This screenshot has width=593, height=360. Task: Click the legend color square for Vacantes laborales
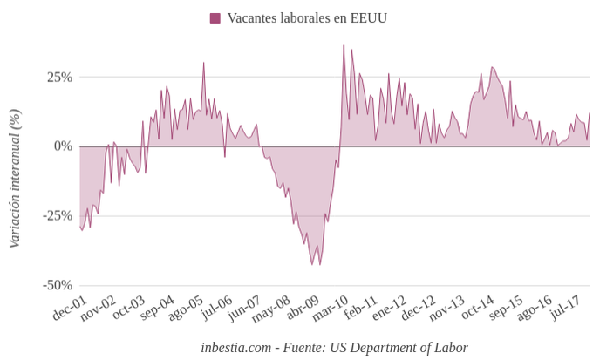215,18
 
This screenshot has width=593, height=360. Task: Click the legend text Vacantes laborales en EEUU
307,18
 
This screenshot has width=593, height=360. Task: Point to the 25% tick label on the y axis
59,77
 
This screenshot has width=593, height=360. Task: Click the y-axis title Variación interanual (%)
14,179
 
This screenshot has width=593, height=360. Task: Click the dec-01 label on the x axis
70,309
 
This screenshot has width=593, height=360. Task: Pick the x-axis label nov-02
98,309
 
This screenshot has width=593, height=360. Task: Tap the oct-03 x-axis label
127,309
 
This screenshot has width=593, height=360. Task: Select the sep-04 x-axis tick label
157,309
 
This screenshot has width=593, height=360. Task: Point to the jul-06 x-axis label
216,308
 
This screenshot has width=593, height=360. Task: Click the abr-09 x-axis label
303,309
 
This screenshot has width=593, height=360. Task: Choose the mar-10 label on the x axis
331,309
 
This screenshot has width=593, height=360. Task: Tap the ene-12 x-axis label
389,309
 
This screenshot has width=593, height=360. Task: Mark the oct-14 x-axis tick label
477,309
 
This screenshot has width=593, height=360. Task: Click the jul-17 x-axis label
565,308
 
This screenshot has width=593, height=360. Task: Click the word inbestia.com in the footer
236,347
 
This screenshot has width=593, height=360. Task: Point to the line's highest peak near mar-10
344,45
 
